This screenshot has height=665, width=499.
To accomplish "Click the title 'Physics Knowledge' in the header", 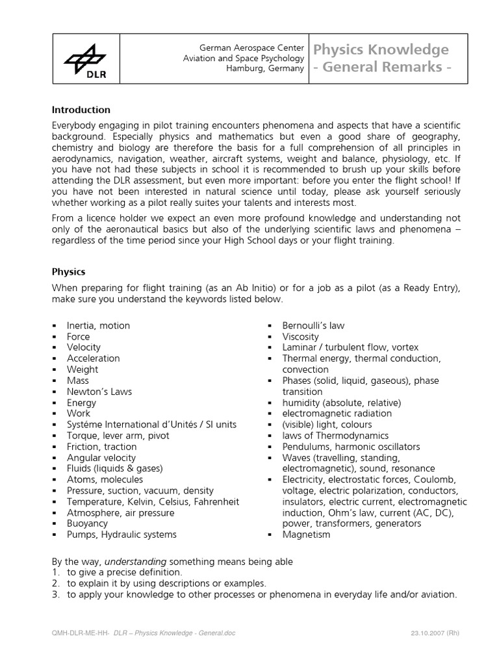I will point(381,50).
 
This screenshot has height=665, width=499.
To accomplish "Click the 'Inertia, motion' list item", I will point(98,325).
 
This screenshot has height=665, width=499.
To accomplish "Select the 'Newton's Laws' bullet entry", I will point(99,392).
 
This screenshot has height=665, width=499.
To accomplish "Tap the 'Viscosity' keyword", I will point(300,336).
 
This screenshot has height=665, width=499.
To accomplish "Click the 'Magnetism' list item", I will point(306,534).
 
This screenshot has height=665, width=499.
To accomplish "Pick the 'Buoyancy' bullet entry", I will point(87,523).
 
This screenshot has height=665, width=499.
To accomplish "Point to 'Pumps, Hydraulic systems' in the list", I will point(121,534).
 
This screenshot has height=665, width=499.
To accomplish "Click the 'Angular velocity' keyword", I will point(101,458).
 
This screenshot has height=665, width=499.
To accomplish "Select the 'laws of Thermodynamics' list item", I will point(335,436).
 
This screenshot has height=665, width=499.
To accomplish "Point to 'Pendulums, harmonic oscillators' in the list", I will point(351,447).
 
